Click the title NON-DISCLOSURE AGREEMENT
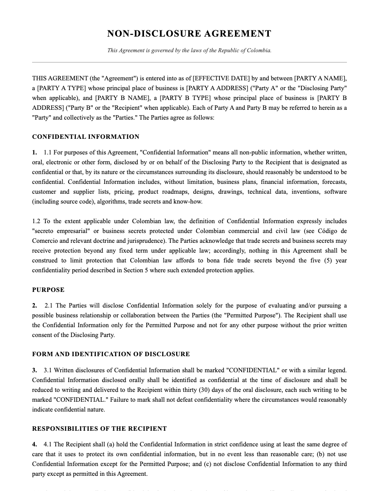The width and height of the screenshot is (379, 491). coord(189,34)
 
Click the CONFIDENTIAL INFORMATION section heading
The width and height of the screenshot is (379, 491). coord(86,137)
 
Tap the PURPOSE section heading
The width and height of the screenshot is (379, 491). coord(48,290)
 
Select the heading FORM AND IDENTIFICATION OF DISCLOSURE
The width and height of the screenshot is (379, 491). coord(111,354)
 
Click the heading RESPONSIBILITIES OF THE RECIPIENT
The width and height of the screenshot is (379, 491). coord(99,429)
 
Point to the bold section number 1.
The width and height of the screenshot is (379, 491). coord(34,153)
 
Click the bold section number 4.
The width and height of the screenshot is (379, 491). coord(34,445)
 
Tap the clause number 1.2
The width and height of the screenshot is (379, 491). coord(36,221)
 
